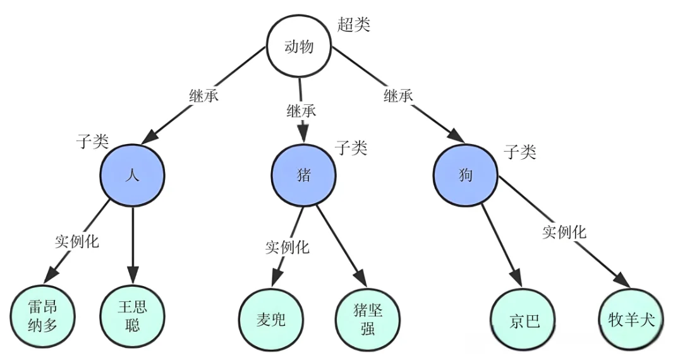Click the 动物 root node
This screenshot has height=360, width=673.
click(x=299, y=46)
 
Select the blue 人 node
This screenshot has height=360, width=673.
click(x=133, y=175)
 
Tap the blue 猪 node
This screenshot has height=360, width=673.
click(x=303, y=175)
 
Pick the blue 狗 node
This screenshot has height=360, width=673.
click(x=466, y=175)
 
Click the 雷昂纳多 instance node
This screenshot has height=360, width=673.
click(x=42, y=316)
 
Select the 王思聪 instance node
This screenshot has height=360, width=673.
click(x=133, y=316)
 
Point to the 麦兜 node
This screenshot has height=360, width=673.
click(x=271, y=320)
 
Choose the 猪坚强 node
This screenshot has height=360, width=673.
click(x=368, y=320)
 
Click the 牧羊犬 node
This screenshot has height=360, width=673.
click(x=631, y=319)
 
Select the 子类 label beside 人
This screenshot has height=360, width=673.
click(x=92, y=141)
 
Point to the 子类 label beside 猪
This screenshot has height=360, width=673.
click(x=351, y=148)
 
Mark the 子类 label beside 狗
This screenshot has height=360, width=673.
click(x=520, y=152)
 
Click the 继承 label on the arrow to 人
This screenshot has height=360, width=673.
click(x=204, y=95)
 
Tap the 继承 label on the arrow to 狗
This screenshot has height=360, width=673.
click(x=398, y=96)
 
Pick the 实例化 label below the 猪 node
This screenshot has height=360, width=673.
click(x=287, y=247)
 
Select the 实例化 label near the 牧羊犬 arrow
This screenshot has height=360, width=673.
click(x=564, y=232)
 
